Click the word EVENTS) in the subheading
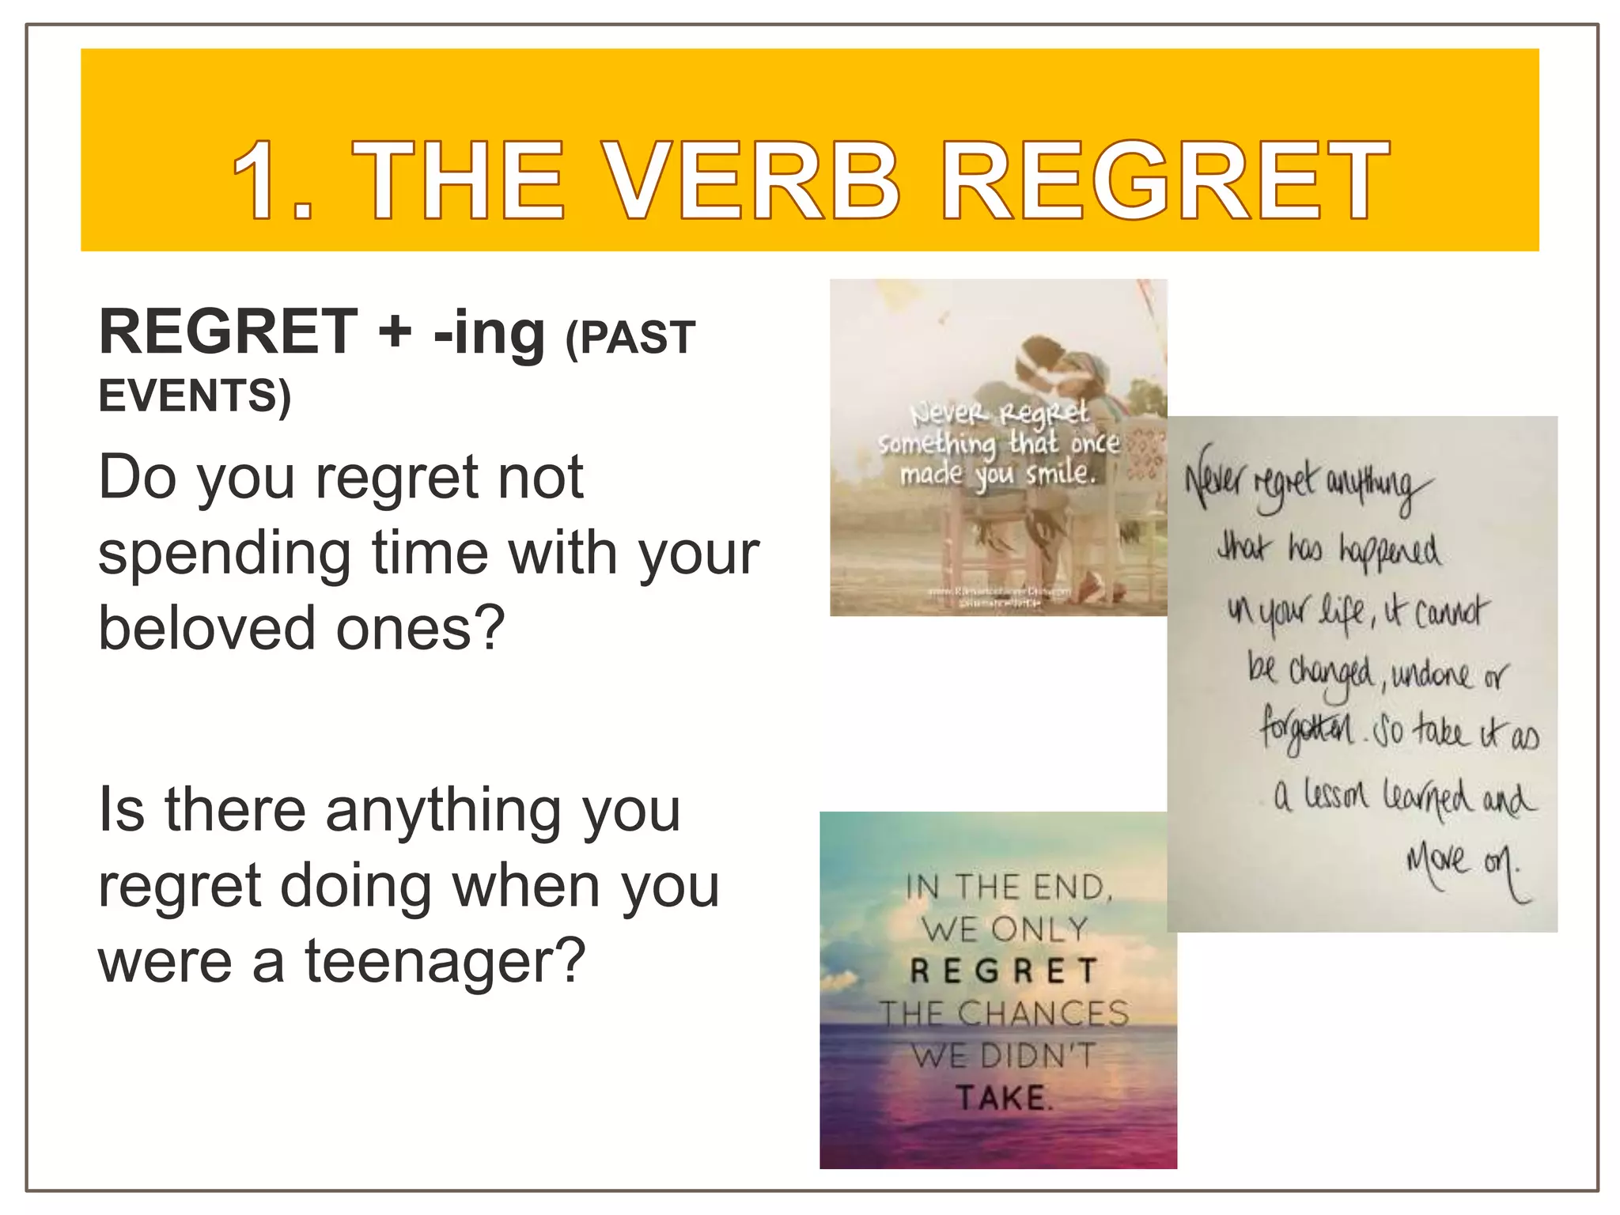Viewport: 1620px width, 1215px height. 195,395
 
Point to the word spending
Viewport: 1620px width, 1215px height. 225,554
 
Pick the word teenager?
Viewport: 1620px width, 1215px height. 445,960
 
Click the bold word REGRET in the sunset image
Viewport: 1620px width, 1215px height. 1003,971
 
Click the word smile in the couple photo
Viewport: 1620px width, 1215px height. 1060,473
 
